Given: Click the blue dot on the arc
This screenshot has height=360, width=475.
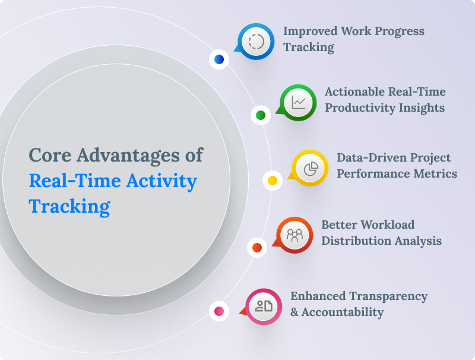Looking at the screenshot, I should click(x=219, y=59).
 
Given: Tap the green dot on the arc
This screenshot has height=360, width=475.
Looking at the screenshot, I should click(x=260, y=115).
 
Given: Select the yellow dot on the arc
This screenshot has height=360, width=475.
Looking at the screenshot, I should click(x=273, y=180).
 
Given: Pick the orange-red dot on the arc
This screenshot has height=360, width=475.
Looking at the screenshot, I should click(x=257, y=247).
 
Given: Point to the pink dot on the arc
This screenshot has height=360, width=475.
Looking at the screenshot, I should click(x=219, y=311).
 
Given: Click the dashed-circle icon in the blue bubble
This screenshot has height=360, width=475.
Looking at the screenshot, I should click(x=256, y=42).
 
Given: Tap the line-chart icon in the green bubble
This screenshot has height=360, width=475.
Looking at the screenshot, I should click(x=299, y=102).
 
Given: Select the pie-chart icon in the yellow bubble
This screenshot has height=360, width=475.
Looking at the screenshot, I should click(x=311, y=169).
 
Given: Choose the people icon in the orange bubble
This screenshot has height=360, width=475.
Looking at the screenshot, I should click(x=295, y=235).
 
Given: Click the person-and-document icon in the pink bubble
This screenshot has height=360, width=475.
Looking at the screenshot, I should click(x=264, y=306).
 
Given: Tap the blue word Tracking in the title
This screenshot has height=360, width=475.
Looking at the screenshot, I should click(x=69, y=206).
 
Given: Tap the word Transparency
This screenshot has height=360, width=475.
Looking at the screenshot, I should click(x=388, y=296).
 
